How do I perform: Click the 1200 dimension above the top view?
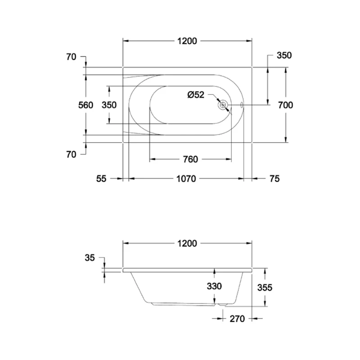click(x=187, y=41)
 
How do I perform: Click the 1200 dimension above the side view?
click(x=187, y=243)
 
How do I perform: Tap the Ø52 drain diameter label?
click(x=196, y=94)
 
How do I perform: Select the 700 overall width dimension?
click(x=285, y=105)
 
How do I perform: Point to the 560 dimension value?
click(x=85, y=105)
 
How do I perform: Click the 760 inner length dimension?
click(x=190, y=159)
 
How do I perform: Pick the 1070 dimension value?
click(x=186, y=179)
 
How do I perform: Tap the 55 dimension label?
click(x=101, y=179)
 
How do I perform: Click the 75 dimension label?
click(x=274, y=179)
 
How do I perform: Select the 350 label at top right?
click(x=284, y=55)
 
